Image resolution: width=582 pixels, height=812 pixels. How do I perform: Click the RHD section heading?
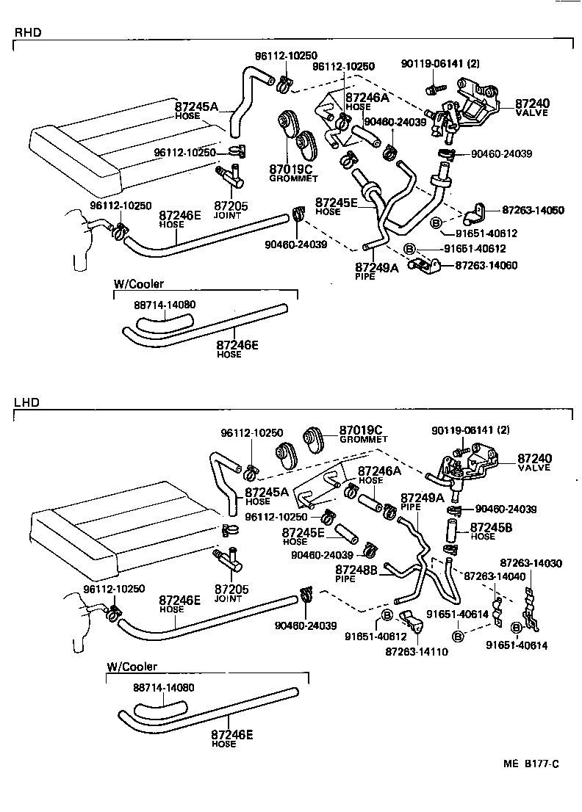click(x=26, y=32)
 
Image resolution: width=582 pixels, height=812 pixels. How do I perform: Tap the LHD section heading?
click(x=26, y=402)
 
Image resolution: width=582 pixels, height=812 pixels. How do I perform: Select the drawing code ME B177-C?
click(x=531, y=764)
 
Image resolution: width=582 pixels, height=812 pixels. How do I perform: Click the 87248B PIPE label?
click(x=356, y=573)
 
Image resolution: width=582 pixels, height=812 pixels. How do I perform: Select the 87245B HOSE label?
click(x=492, y=531)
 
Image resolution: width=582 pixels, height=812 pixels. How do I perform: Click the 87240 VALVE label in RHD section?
click(x=533, y=108)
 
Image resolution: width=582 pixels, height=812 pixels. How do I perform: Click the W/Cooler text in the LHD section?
click(x=132, y=667)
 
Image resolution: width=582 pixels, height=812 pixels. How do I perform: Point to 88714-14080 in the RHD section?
click(x=165, y=304)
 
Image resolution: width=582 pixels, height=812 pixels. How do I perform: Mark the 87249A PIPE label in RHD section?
click(x=376, y=272)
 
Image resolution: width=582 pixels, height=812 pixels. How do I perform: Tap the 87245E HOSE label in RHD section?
click(x=337, y=206)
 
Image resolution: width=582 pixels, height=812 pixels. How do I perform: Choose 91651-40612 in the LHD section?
click(x=376, y=637)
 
